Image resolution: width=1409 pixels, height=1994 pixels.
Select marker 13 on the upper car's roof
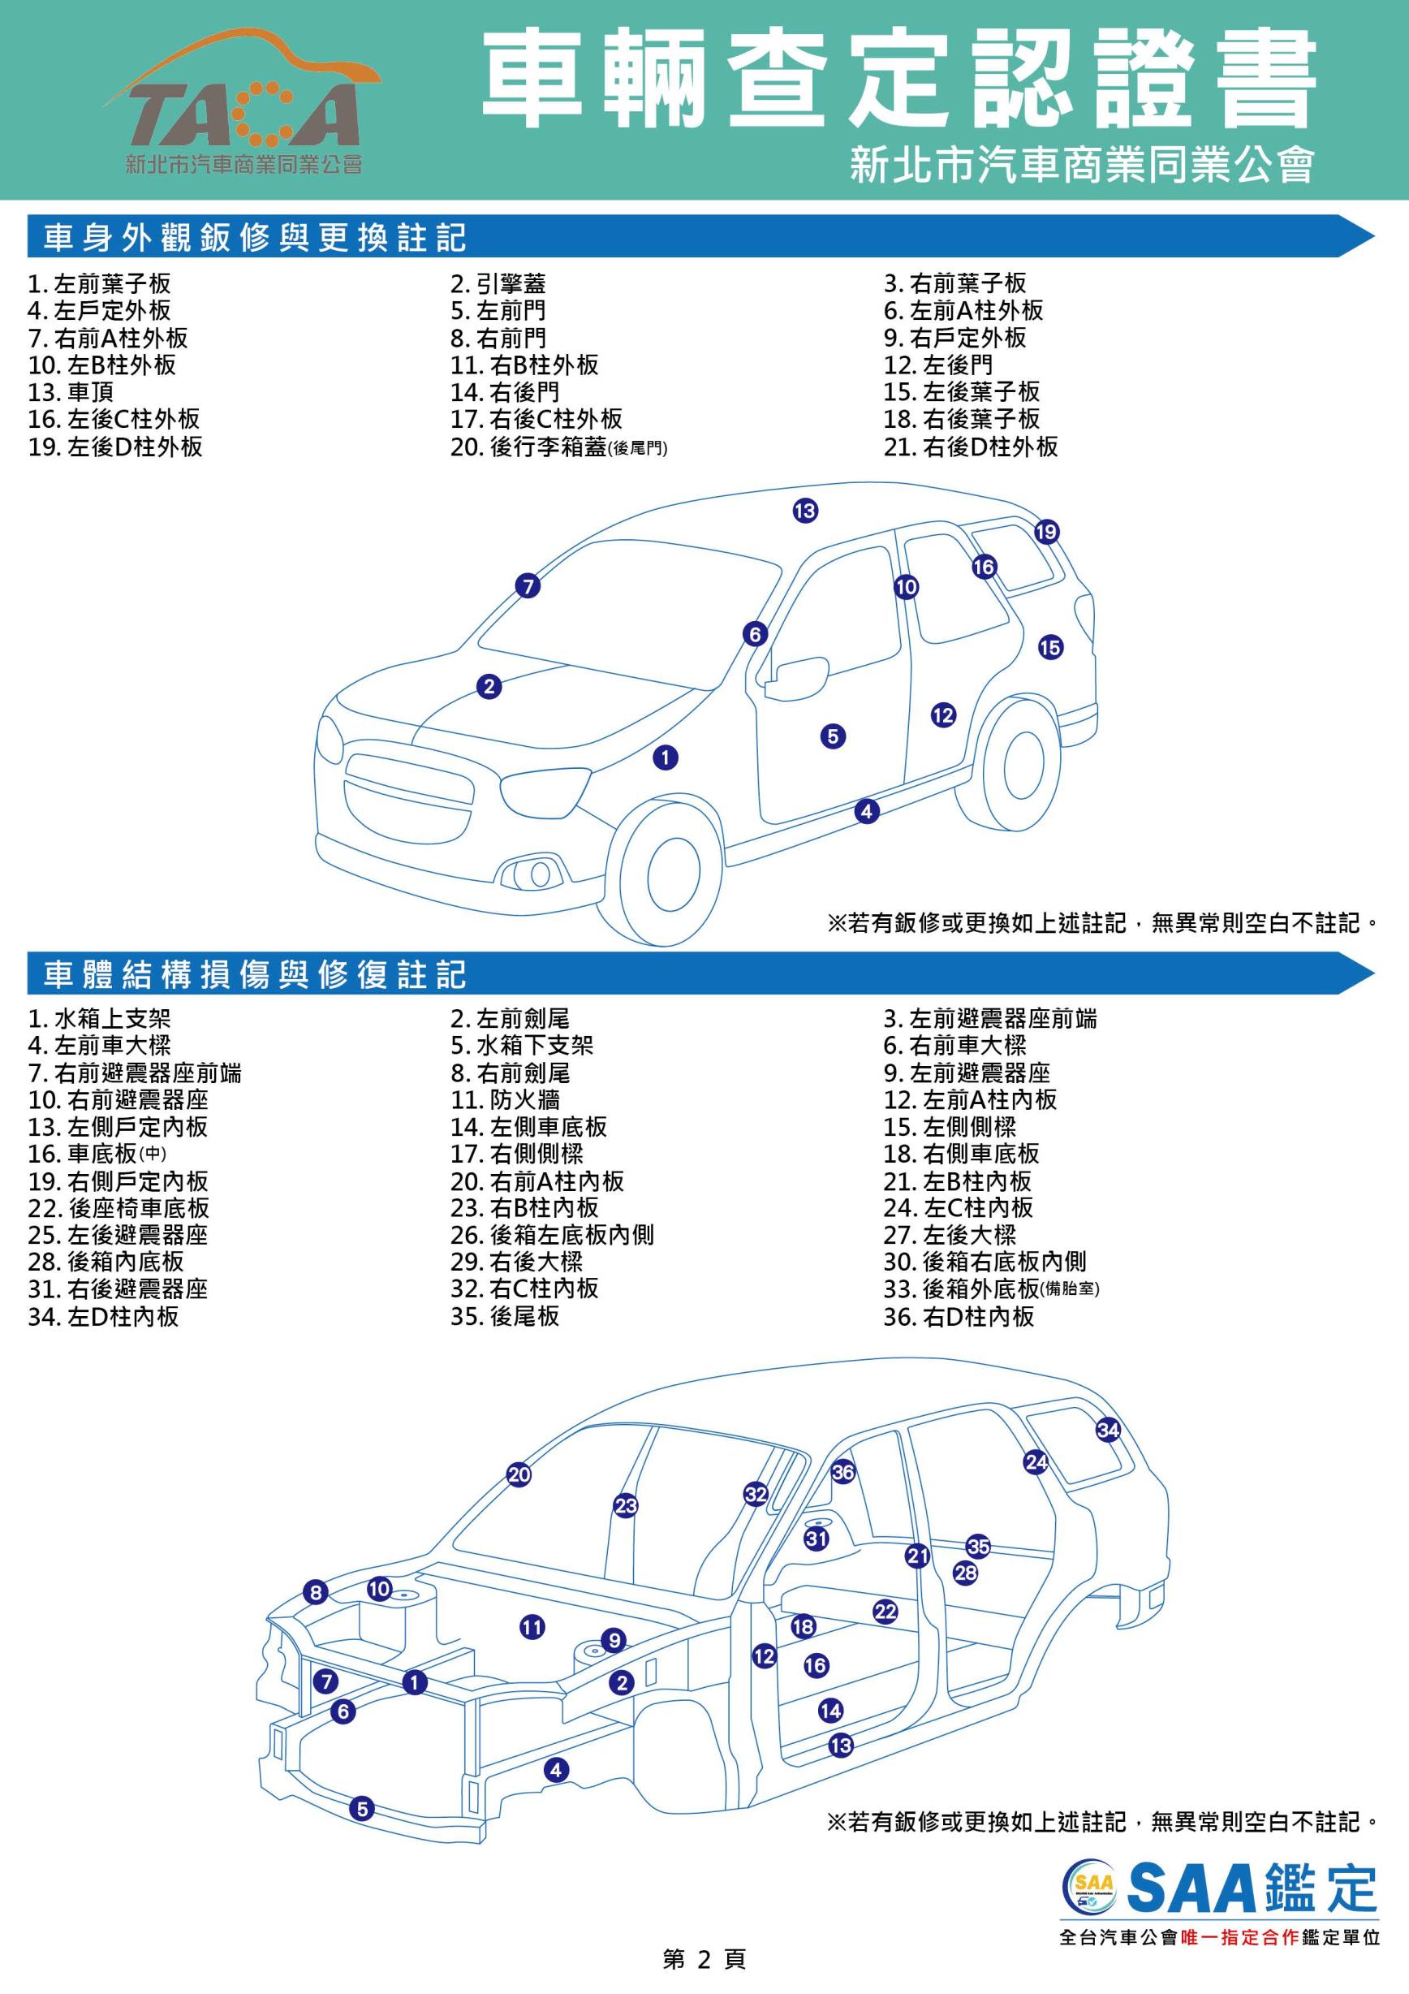click(805, 511)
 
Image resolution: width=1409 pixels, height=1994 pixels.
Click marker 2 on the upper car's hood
click(489, 687)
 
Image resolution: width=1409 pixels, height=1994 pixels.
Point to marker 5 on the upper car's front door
click(833, 736)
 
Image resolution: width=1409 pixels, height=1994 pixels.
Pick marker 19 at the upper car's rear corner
click(1046, 532)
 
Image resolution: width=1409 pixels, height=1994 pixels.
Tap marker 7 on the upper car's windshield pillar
click(528, 586)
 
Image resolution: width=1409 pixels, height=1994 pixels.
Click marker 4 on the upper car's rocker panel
click(866, 811)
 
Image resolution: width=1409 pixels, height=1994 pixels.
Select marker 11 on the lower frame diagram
click(532, 1628)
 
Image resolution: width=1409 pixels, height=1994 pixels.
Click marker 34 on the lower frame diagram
click(1109, 1430)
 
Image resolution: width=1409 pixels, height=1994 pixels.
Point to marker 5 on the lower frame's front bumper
click(362, 1809)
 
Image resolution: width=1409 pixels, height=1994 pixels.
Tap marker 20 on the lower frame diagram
click(519, 1474)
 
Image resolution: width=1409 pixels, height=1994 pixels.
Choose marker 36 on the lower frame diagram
click(843, 1471)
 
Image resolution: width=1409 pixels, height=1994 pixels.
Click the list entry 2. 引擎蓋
click(498, 284)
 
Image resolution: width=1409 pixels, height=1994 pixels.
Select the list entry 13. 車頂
click(71, 391)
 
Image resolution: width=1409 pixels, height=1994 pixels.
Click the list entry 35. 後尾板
click(506, 1317)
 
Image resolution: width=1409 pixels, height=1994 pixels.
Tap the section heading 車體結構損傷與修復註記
click(255, 974)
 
